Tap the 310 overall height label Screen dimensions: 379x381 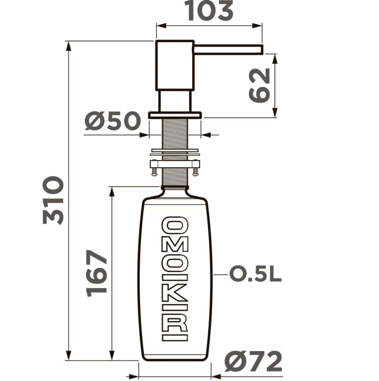coord(53,200)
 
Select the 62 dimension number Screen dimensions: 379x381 coord(260,86)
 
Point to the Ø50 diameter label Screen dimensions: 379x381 coord(113,121)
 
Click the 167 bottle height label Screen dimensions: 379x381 coord(97,273)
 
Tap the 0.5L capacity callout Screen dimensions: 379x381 coord(255,274)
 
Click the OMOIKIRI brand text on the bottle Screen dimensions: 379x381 coord(175,279)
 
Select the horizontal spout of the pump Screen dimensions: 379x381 coord(228,49)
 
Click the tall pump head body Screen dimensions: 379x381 coord(175,65)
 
